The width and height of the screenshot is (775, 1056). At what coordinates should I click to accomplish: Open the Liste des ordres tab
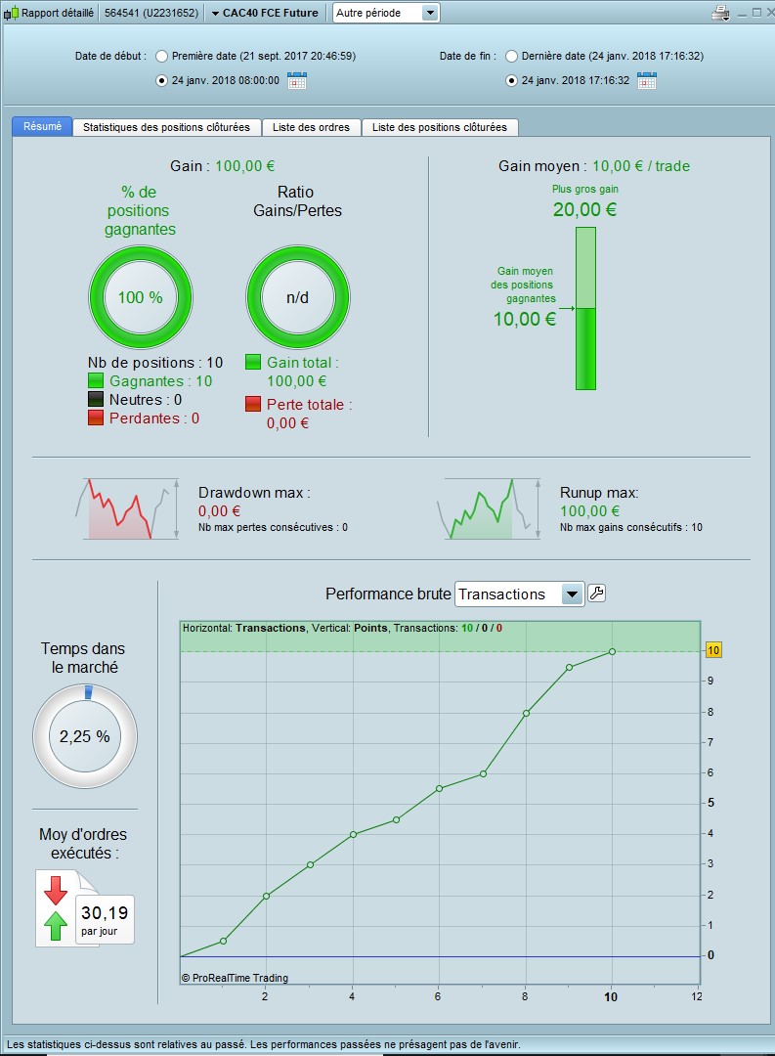pyautogui.click(x=312, y=127)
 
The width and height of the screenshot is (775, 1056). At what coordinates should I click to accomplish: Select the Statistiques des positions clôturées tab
pyautogui.click(x=167, y=127)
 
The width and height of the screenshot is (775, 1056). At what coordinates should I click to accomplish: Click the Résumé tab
pyautogui.click(x=42, y=126)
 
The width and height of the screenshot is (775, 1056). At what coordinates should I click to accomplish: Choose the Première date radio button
pyautogui.click(x=162, y=56)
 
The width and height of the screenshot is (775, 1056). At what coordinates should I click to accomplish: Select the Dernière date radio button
pyautogui.click(x=511, y=56)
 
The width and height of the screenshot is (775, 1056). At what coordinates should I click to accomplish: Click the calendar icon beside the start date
pyautogui.click(x=297, y=80)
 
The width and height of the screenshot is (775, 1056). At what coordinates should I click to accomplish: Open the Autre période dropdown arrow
pyautogui.click(x=430, y=13)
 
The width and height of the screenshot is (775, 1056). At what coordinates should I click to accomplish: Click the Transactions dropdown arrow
pyautogui.click(x=572, y=594)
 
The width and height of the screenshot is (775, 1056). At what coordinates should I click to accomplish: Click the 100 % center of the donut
pyautogui.click(x=141, y=297)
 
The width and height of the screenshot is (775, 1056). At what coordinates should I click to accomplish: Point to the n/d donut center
pyautogui.click(x=297, y=297)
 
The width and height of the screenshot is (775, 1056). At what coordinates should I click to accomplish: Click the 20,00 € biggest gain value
pyautogui.click(x=584, y=209)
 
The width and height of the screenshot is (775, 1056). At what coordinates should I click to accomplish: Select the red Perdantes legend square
pyautogui.click(x=96, y=418)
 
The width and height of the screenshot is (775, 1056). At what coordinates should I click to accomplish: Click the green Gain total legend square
pyautogui.click(x=253, y=363)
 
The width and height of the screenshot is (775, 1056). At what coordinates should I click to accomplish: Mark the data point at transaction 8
pyautogui.click(x=526, y=713)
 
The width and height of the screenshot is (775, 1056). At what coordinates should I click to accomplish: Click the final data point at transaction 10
pyautogui.click(x=612, y=651)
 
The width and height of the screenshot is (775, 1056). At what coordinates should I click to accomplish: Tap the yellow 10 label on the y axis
pyautogui.click(x=713, y=650)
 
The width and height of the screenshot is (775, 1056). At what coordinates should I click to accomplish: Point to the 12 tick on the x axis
pyautogui.click(x=696, y=996)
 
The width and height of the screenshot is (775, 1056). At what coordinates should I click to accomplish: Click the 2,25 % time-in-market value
pyautogui.click(x=85, y=736)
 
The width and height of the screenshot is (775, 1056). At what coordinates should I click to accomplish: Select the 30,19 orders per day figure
pyautogui.click(x=105, y=913)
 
